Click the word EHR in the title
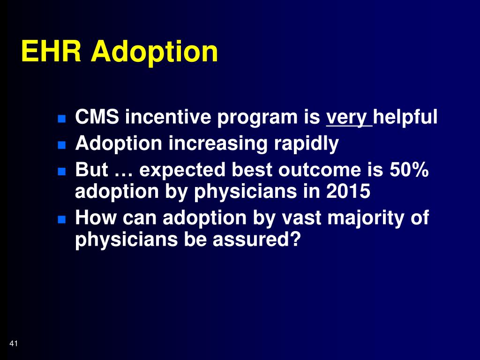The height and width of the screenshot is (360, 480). [x=51, y=51]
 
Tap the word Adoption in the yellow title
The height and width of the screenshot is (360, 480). [x=154, y=52]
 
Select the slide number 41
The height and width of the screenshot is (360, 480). [x=14, y=344]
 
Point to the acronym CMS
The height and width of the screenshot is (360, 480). [x=97, y=117]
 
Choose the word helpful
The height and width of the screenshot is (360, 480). [x=405, y=117]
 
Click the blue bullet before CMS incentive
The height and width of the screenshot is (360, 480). [x=61, y=119]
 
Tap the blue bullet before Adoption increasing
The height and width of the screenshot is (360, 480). [x=61, y=145]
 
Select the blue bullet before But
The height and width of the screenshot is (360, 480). [x=61, y=172]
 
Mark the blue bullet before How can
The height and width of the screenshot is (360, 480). [x=61, y=219]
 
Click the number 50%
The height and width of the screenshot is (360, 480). [x=409, y=170]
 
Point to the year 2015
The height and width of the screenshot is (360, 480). [x=348, y=192]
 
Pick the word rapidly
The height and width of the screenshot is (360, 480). [x=307, y=143]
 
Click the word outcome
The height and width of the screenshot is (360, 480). [x=320, y=170]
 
